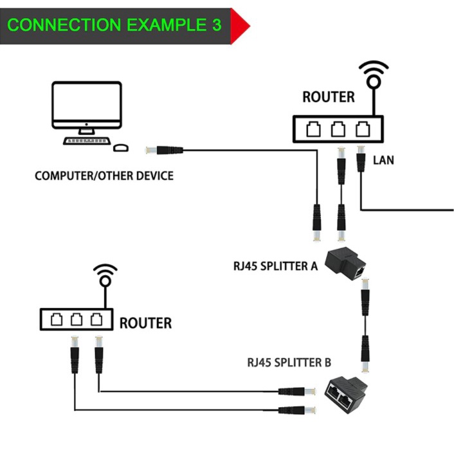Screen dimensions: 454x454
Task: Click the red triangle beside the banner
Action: tap(239, 26)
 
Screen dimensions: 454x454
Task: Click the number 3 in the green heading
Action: tap(216, 25)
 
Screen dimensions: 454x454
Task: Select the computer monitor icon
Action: tap(87, 107)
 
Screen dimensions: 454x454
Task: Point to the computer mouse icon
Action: tap(120, 147)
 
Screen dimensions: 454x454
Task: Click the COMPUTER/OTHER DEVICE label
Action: tap(104, 176)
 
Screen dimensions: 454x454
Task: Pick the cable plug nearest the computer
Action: tap(165, 150)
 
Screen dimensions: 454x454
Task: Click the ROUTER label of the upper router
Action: tap(328, 97)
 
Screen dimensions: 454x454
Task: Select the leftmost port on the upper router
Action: tap(314, 130)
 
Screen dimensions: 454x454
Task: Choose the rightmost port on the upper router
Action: tap(362, 130)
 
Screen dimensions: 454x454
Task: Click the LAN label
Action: tap(383, 159)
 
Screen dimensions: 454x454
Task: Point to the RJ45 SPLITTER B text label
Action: tap(289, 362)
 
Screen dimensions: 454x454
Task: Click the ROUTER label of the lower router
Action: tap(145, 323)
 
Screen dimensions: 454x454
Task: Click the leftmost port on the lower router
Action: tap(57, 320)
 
